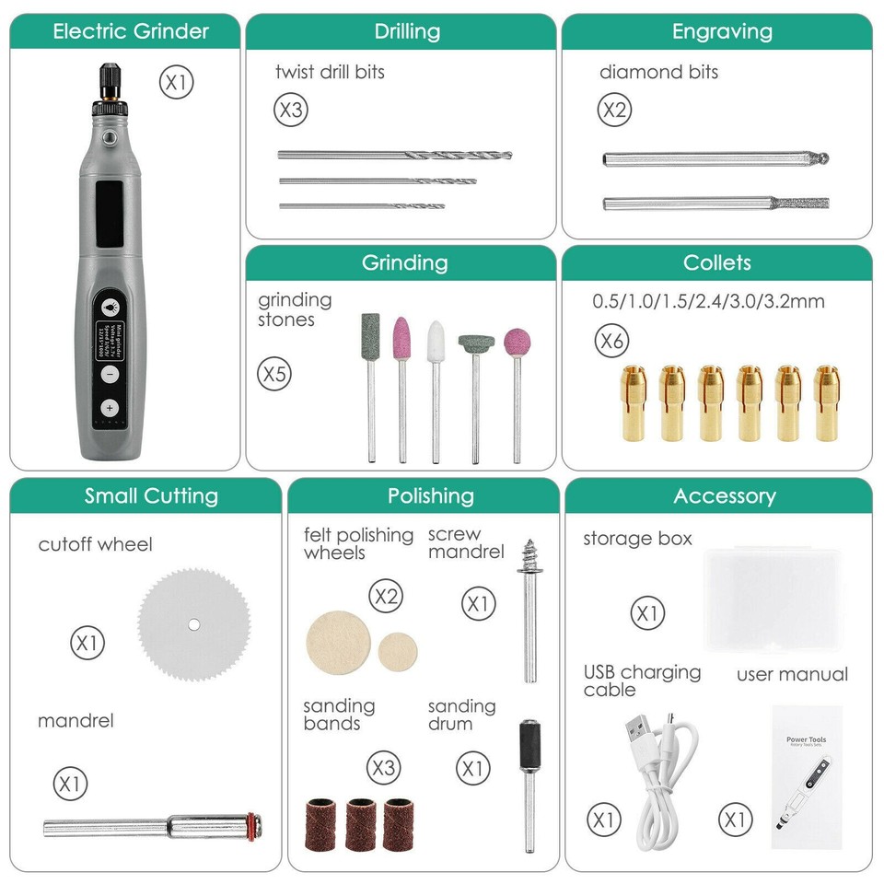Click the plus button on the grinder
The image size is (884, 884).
click(x=110, y=407)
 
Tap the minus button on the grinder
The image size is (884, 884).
click(x=110, y=374)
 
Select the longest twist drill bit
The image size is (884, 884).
click(x=394, y=156)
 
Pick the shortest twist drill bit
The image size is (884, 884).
click(x=361, y=205)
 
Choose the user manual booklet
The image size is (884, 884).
click(x=807, y=775)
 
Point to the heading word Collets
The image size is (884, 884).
click(x=716, y=262)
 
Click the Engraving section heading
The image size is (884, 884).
click(x=716, y=30)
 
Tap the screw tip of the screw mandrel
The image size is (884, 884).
click(x=529, y=554)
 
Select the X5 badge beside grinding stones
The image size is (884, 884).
click(x=274, y=375)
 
